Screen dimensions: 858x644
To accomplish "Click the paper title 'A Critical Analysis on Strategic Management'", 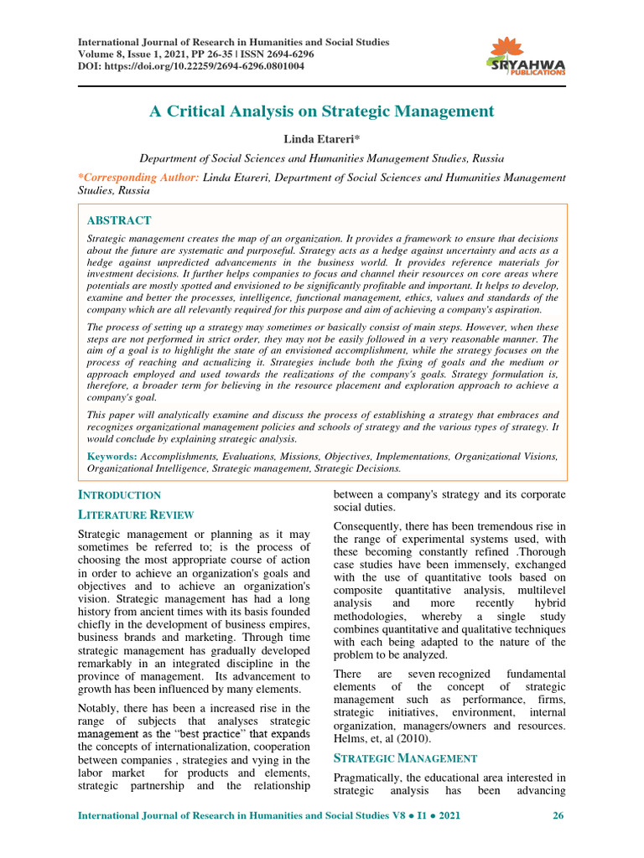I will tap(321, 111).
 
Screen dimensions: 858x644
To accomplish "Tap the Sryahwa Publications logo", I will tap(526, 57).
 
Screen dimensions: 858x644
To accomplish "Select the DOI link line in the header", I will tap(190, 65).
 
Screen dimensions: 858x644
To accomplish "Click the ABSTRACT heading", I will tap(119, 220).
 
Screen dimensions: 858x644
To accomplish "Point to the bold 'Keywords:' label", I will tap(113, 457).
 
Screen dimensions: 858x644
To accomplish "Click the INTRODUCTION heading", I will tap(119, 495).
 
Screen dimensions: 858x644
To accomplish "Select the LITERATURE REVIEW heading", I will tap(135, 514).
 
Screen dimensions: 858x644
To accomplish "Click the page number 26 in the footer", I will tap(557, 815).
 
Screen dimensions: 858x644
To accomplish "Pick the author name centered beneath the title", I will tap(321, 138).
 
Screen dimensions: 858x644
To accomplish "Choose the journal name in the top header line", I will tap(233, 42).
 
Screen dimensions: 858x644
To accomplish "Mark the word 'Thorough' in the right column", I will tap(539, 553).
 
